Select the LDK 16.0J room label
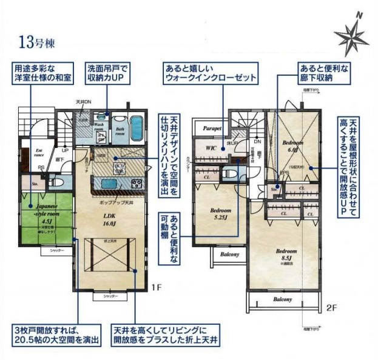[109, 219]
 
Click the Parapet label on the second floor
[212, 128]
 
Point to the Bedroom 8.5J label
[286, 254]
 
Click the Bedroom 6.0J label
[292, 144]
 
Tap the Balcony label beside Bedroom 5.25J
[229, 255]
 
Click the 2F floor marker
[331, 307]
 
